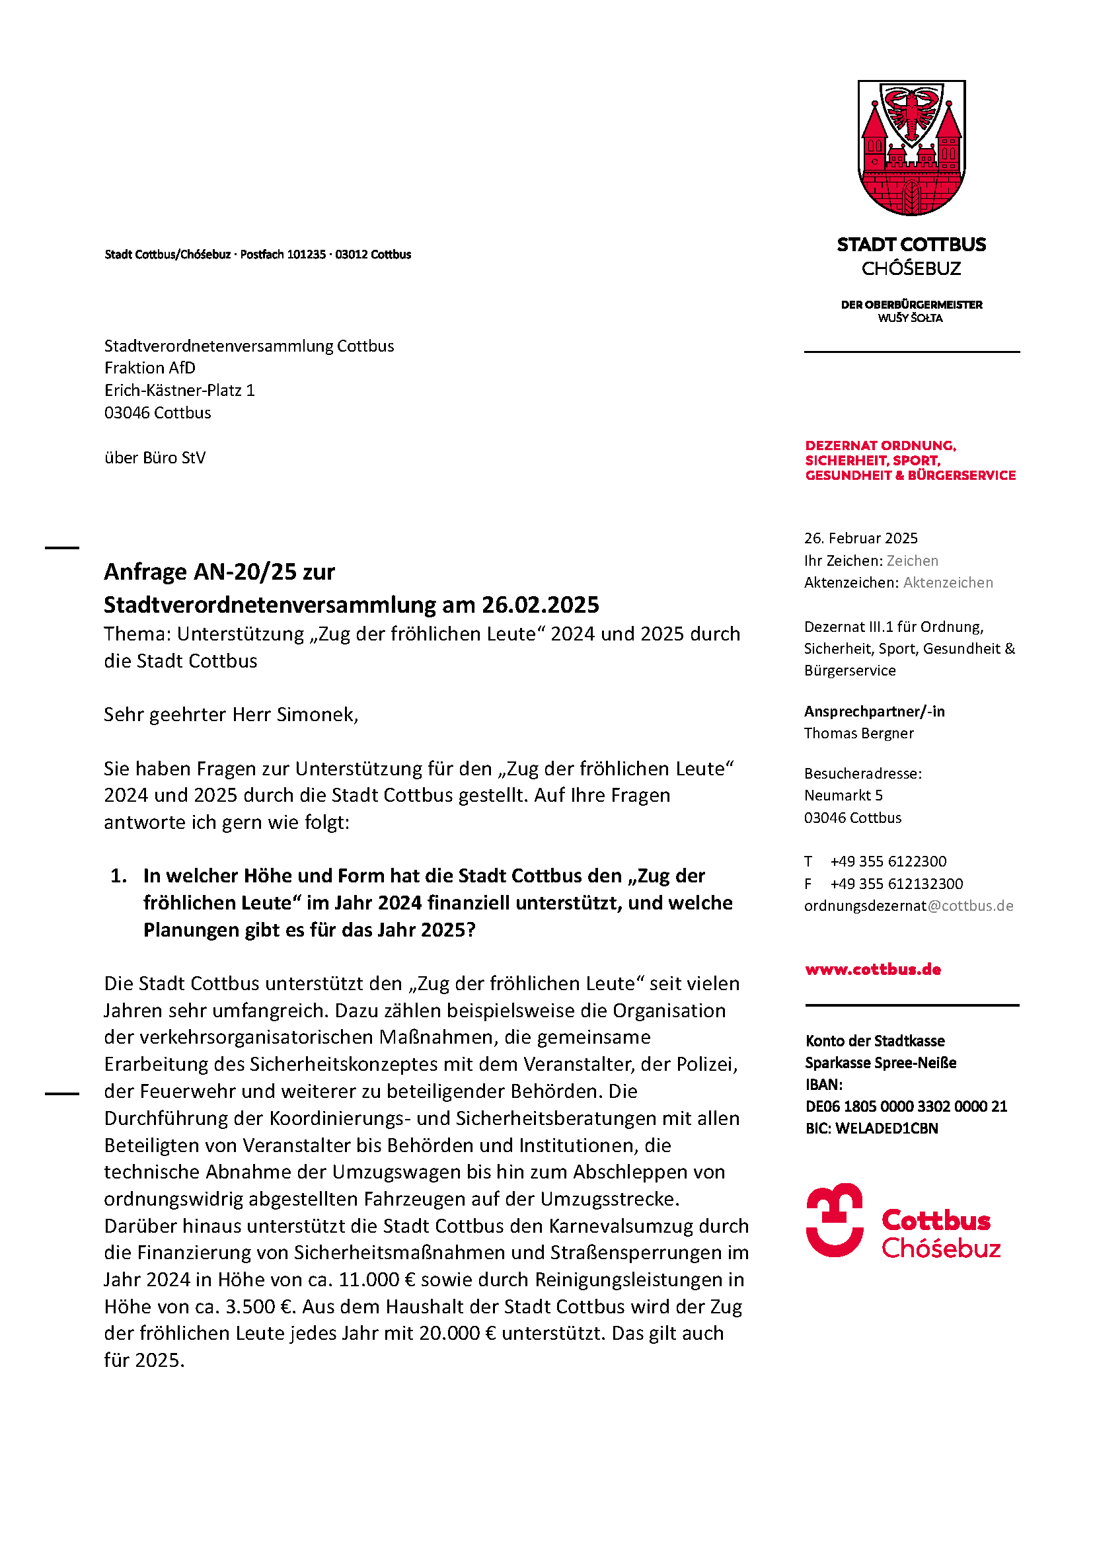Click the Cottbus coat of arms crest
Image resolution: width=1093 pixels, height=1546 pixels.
pos(911,148)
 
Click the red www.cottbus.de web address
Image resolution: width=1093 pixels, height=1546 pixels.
pos(873,970)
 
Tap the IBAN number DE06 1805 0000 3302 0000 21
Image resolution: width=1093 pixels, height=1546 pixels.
pos(906,1106)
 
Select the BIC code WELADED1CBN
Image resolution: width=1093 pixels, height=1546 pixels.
pos(886,1128)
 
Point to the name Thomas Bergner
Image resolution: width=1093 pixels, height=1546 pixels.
pos(859,733)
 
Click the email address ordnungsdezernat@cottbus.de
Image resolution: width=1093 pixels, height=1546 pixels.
pos(908,906)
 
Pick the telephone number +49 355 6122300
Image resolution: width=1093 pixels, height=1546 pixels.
pos(887,862)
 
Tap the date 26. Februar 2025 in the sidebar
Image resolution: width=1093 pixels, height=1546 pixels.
pos(861,539)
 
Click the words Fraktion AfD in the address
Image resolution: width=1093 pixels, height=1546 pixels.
pos(150,368)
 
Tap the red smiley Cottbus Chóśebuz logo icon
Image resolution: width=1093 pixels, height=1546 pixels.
pos(835,1220)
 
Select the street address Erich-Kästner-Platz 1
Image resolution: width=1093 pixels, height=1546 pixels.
pos(180,391)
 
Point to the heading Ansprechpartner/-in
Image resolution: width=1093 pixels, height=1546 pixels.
pos(874,712)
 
